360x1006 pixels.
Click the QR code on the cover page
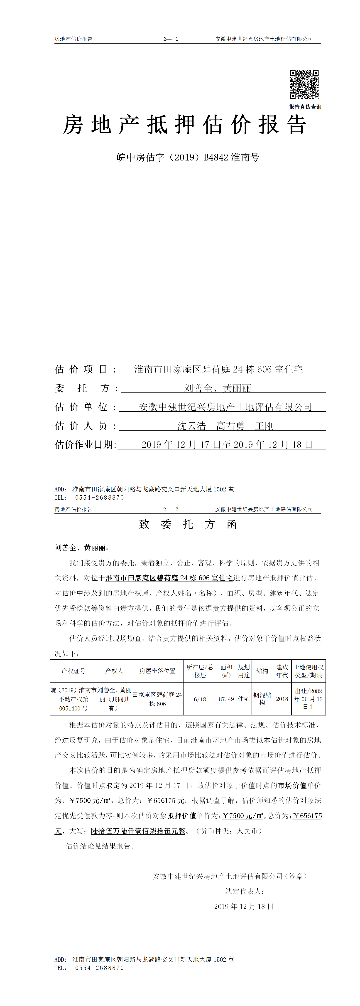304,85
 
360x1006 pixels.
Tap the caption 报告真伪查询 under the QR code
305,107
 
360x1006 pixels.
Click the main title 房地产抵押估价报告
185,125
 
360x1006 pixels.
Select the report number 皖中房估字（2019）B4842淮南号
188,157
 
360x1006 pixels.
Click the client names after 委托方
218,388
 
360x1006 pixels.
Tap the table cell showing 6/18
200,699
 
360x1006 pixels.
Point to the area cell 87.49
226,699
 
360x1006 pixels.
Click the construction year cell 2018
282,699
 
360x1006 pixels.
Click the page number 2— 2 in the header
171,509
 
